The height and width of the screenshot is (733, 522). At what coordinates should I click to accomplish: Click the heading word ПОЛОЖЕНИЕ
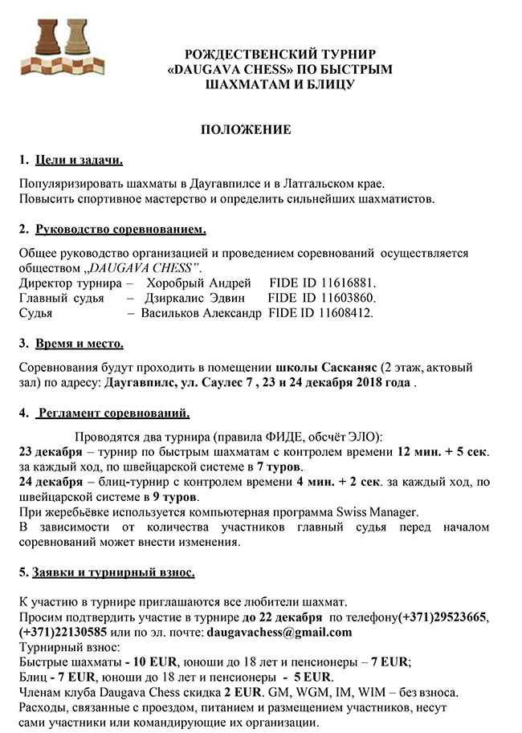point(245,129)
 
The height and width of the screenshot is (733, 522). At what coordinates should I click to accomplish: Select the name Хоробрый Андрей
point(194,283)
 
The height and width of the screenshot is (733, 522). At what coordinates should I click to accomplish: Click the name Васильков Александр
point(201,312)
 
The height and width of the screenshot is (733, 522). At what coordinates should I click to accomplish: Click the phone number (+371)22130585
point(61,632)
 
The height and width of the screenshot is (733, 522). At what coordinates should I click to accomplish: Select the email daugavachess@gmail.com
point(279,632)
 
